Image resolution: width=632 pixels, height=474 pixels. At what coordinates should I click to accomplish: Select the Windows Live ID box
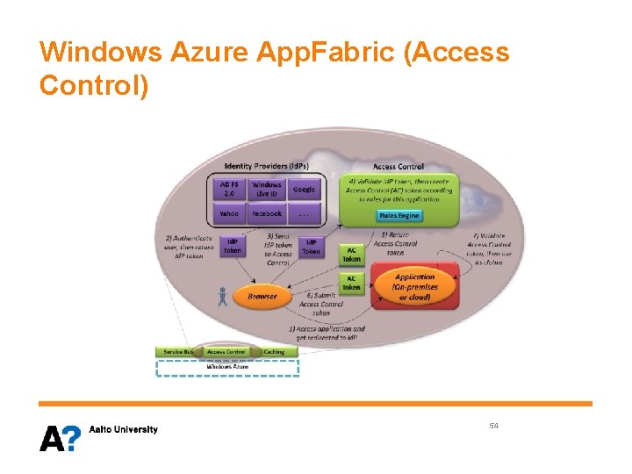click(267, 190)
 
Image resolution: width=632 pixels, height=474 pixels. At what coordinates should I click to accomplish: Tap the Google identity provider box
click(304, 190)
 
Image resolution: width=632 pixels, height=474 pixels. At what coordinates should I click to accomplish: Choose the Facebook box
click(267, 213)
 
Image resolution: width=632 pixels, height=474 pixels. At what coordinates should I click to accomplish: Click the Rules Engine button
click(399, 215)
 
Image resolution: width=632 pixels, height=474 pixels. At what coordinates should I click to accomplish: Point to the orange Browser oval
click(262, 297)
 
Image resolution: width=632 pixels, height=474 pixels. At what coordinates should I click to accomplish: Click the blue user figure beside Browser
click(223, 297)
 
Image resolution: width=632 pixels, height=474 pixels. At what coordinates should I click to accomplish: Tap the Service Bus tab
click(178, 352)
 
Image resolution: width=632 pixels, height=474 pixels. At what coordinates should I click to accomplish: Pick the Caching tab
click(274, 352)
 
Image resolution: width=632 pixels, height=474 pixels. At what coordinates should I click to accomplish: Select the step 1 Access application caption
click(327, 334)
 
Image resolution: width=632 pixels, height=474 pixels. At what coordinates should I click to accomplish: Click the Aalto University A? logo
click(60, 437)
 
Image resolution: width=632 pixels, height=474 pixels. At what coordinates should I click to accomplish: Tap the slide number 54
click(494, 426)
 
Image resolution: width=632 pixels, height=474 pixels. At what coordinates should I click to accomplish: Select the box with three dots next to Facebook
click(304, 213)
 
